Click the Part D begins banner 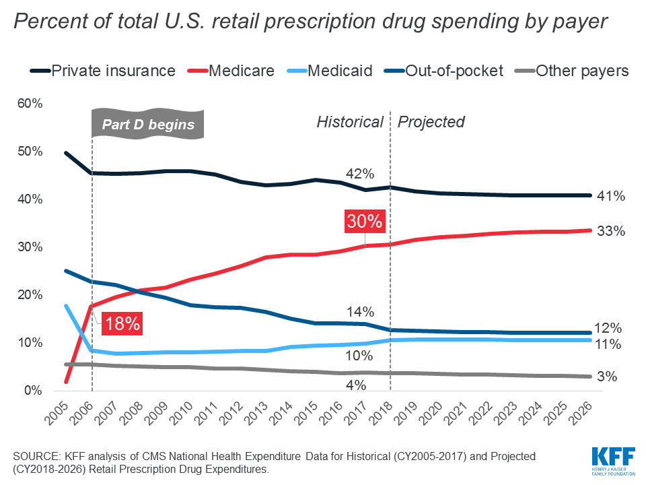coord(147,124)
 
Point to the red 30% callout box coord(365,221)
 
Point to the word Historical coord(350,122)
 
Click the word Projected coord(431,122)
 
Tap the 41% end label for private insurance coord(611,197)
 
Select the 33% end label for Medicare coord(611,231)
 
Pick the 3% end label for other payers coord(607,377)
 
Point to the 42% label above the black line coord(359,173)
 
